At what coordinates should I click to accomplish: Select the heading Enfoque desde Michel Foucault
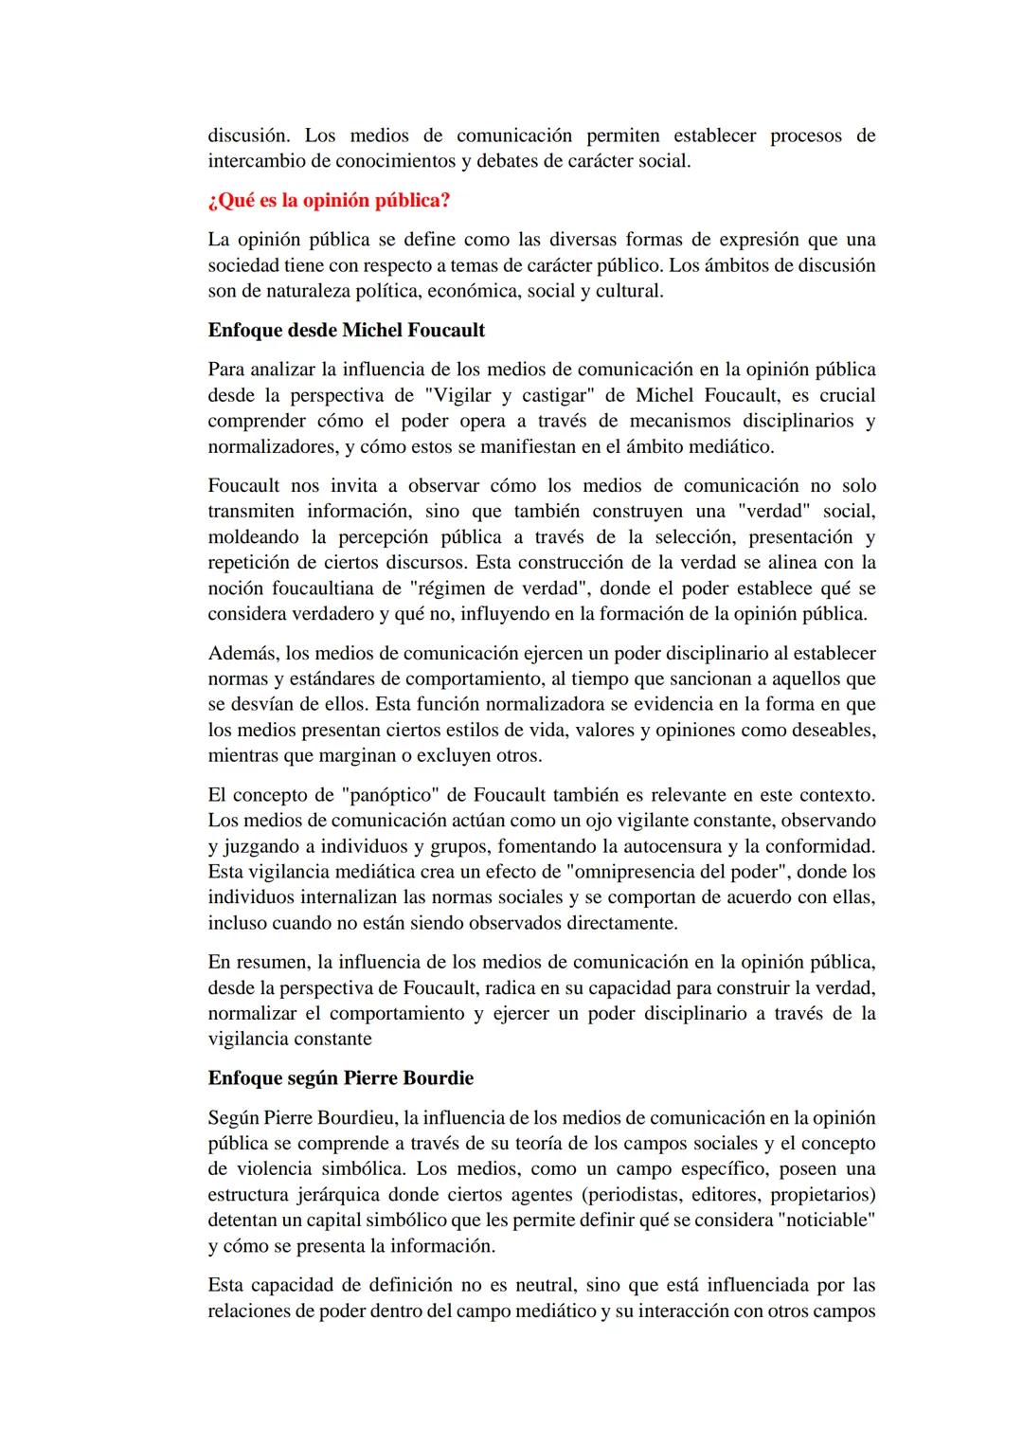[346, 331]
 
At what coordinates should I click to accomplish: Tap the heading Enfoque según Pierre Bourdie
[340, 1078]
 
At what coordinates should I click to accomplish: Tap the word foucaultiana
[321, 588]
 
